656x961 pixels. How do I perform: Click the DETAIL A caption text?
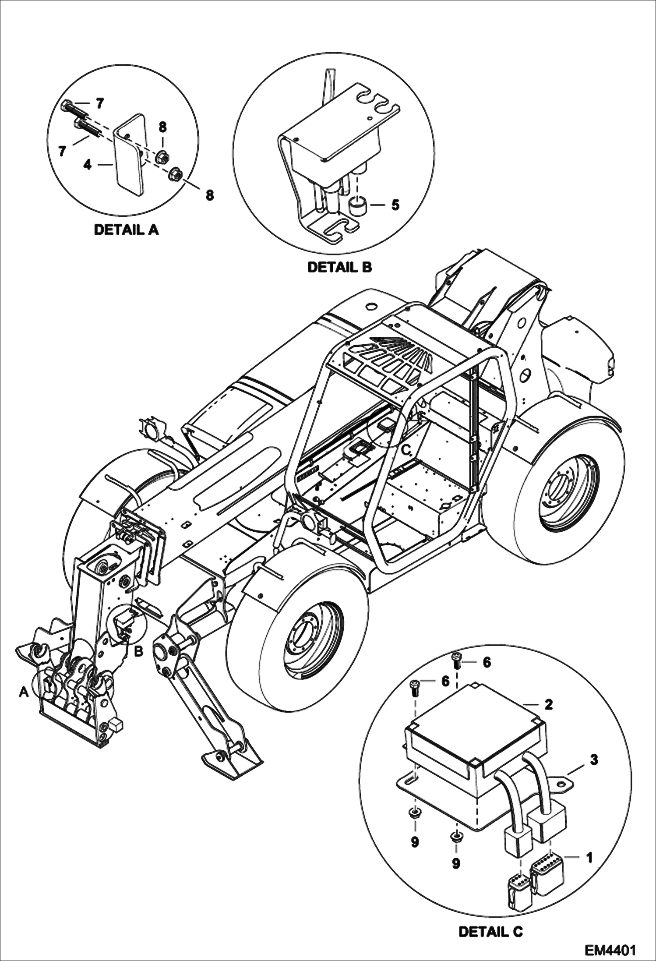126,230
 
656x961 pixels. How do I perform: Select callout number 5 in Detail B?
395,205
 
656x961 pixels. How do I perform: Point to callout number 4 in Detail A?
88,166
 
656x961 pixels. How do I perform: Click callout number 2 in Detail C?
549,704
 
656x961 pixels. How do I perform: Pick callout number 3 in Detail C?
593,760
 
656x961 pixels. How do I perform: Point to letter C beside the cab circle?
406,449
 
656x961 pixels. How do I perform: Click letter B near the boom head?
138,652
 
